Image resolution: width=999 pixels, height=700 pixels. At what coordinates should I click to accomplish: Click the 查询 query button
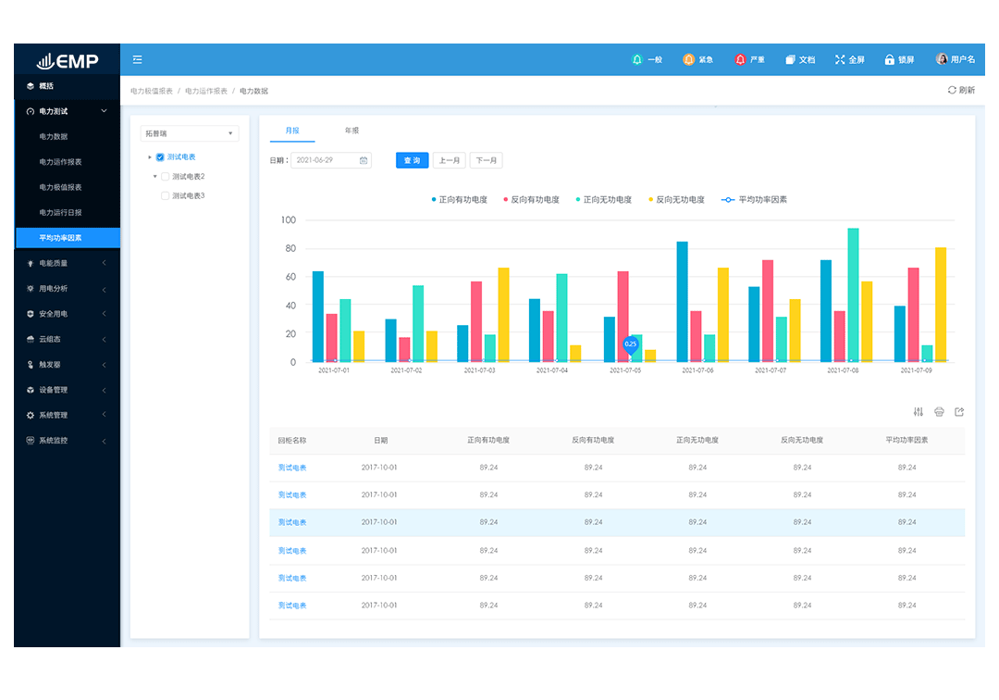[x=413, y=160]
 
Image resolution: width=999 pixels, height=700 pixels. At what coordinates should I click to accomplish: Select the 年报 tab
[x=351, y=131]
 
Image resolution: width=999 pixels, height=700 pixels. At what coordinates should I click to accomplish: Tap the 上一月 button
[x=449, y=160]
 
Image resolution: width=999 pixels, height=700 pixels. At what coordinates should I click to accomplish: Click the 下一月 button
[x=486, y=160]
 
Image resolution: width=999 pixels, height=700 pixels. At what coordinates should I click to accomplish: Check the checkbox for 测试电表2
[x=166, y=176]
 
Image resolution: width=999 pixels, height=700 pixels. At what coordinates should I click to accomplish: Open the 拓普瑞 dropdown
[x=189, y=133]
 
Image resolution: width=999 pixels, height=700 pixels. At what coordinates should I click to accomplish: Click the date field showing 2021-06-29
[x=331, y=160]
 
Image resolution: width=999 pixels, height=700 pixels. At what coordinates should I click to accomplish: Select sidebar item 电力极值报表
[x=60, y=187]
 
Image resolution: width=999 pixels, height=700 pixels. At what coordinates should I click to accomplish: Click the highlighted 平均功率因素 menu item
[x=60, y=238]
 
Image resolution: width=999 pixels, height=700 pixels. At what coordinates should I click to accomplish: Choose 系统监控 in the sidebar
[x=53, y=441]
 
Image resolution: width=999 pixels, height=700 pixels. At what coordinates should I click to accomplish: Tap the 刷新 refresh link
[x=961, y=91]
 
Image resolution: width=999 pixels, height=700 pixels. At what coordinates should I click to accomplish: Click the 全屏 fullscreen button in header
[x=850, y=60]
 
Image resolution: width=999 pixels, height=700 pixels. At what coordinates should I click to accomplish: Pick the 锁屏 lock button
[x=899, y=60]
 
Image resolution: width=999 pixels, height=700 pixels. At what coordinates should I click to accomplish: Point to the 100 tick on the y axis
[x=288, y=220]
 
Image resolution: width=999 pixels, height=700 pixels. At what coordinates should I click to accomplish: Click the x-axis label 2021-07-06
[x=697, y=370]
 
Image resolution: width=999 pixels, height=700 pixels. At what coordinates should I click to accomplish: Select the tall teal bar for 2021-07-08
[x=853, y=294]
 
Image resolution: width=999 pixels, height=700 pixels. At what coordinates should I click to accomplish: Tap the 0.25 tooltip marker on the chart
[x=630, y=344]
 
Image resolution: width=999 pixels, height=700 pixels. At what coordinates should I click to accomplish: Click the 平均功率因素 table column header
[x=906, y=441]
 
